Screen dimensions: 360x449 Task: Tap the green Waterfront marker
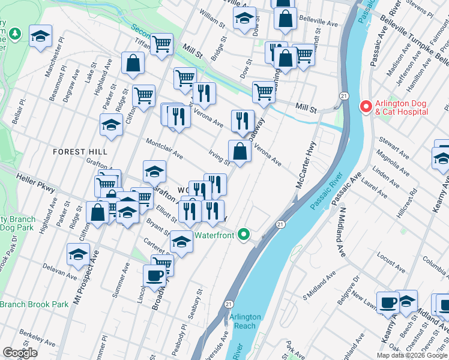coord(243,234)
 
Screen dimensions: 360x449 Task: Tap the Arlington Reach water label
coord(244,321)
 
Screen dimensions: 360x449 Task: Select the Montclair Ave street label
coord(164,147)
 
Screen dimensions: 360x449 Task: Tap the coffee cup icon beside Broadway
coord(155,276)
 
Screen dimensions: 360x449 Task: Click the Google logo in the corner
coord(20,353)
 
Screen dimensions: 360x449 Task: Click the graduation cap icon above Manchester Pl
coord(41,37)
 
